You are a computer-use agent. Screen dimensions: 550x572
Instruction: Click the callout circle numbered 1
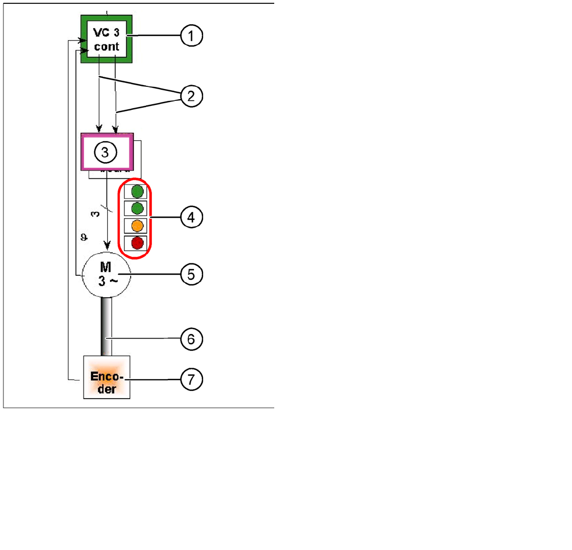(191, 36)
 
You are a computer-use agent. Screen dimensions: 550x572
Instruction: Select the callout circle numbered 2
(191, 96)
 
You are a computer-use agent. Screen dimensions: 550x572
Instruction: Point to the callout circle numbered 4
(191, 217)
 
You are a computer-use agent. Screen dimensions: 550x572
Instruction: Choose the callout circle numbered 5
(191, 274)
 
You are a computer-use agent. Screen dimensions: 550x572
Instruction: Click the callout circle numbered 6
(191, 339)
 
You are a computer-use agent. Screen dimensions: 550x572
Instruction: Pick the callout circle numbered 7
(191, 380)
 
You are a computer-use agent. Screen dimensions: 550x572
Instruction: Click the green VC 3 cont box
(107, 39)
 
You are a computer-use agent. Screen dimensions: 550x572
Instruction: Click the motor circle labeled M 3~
(107, 274)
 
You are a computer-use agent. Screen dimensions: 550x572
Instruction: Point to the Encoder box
(107, 377)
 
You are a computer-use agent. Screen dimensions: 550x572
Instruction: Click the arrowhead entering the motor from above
(107, 246)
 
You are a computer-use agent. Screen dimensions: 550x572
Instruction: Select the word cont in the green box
(107, 47)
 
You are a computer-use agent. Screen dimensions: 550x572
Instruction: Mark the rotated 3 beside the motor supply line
(96, 214)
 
